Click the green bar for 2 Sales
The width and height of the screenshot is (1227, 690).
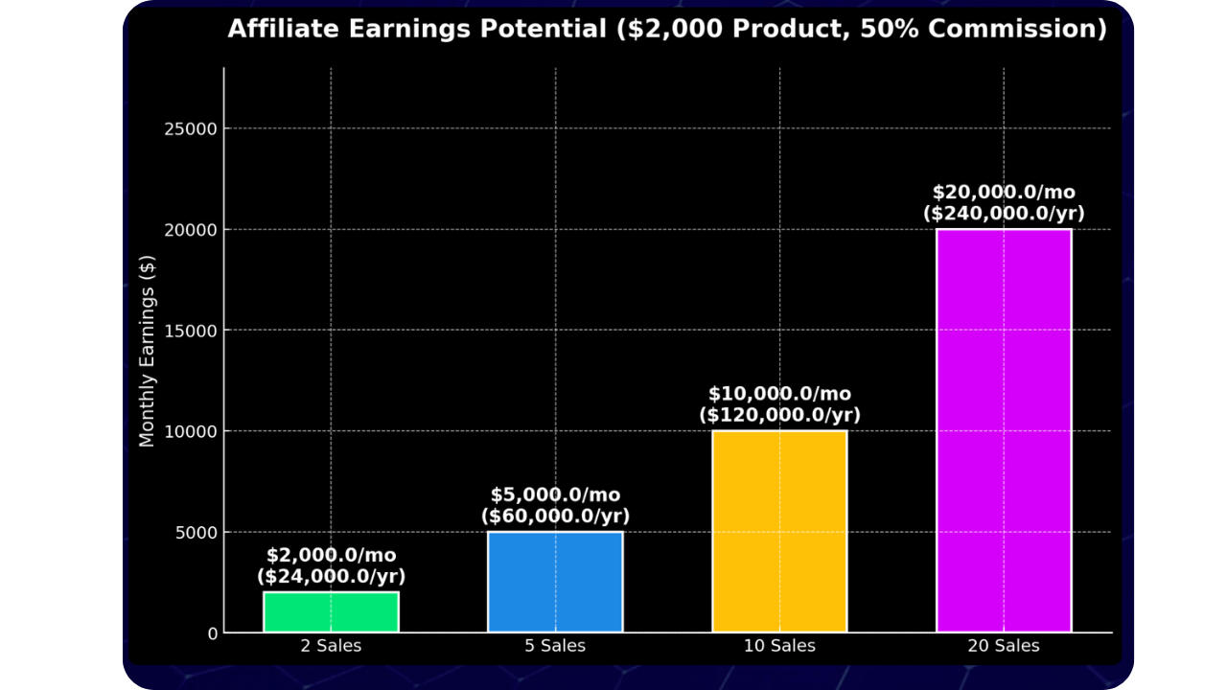(x=331, y=612)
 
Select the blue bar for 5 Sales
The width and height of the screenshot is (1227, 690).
(x=555, y=582)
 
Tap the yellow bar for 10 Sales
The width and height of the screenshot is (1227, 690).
(x=779, y=532)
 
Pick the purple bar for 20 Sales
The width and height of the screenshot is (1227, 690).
(x=1004, y=431)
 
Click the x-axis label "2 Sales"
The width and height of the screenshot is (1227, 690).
(x=331, y=646)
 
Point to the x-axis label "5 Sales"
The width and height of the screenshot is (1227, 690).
(x=555, y=646)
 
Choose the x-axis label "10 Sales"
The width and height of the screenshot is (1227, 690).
(x=779, y=646)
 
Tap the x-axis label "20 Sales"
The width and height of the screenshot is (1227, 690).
(x=1004, y=646)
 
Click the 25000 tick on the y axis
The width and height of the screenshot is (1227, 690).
(x=192, y=129)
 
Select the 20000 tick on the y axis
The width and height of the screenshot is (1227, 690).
(x=192, y=230)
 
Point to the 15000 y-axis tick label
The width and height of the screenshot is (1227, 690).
(x=192, y=331)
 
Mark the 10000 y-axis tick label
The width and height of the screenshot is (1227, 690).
(x=192, y=431)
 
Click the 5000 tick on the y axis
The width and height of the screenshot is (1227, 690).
(x=197, y=533)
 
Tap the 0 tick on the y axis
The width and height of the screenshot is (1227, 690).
(x=213, y=633)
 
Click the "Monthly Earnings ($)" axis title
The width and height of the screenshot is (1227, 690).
(x=147, y=351)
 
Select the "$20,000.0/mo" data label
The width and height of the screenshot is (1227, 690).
(x=1004, y=193)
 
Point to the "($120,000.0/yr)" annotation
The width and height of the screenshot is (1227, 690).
(x=779, y=416)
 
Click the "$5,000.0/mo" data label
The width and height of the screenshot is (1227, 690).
(x=555, y=495)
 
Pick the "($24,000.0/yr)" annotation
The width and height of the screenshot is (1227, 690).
(x=331, y=577)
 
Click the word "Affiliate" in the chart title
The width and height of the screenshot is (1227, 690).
(x=283, y=29)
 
